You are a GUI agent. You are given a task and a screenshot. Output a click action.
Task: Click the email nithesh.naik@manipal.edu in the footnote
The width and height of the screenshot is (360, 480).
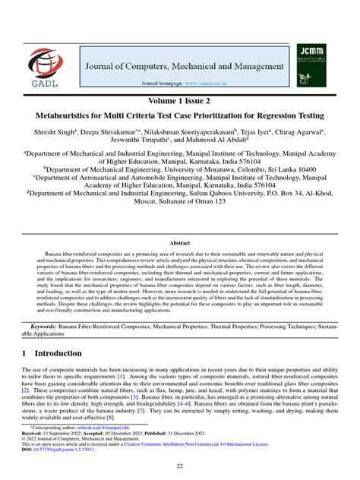click(89, 448)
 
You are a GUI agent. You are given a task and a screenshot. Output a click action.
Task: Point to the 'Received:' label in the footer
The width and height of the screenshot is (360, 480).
click(33, 455)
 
